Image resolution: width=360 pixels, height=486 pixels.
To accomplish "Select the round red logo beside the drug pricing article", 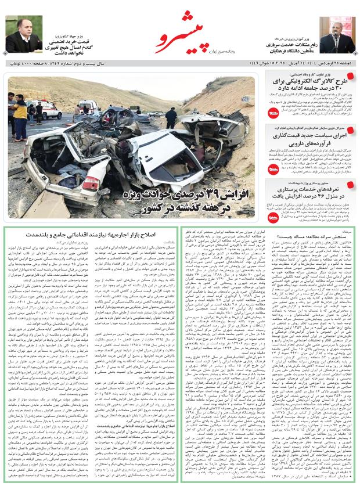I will [x=273, y=168].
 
